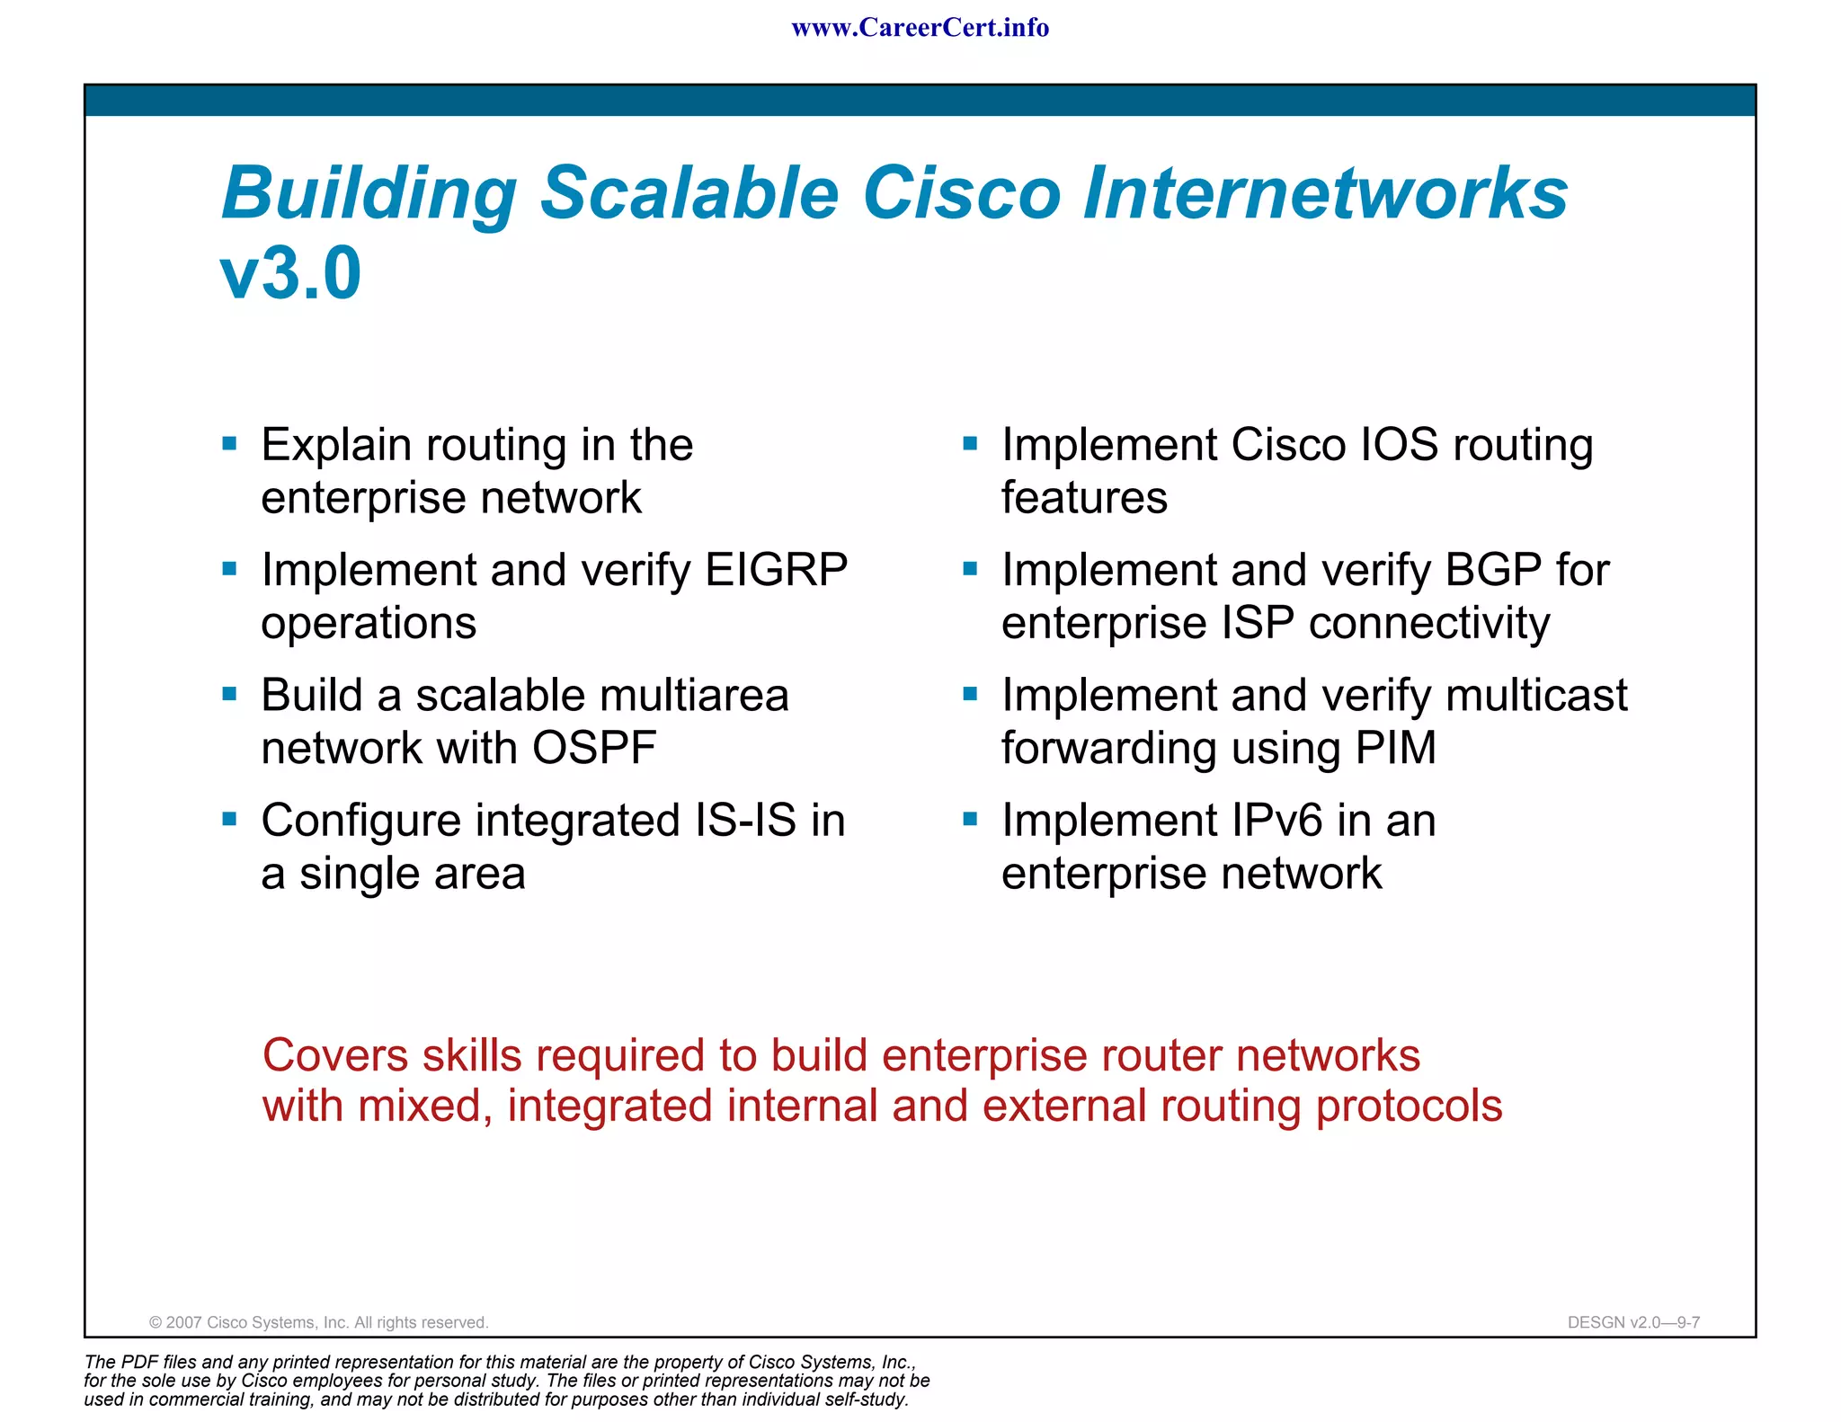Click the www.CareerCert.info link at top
pyautogui.click(x=920, y=28)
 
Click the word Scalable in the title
pyautogui.click(x=689, y=193)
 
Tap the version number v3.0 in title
pyautogui.click(x=290, y=273)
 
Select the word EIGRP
pyautogui.click(x=776, y=570)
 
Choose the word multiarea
pyautogui.click(x=693, y=695)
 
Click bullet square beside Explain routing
pyautogui.click(x=229, y=443)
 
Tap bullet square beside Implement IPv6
pyautogui.click(x=969, y=819)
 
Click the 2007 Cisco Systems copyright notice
pyautogui.click(x=318, y=1322)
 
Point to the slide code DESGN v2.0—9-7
pyautogui.click(x=1632, y=1322)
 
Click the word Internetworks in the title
pyautogui.click(x=1325, y=193)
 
